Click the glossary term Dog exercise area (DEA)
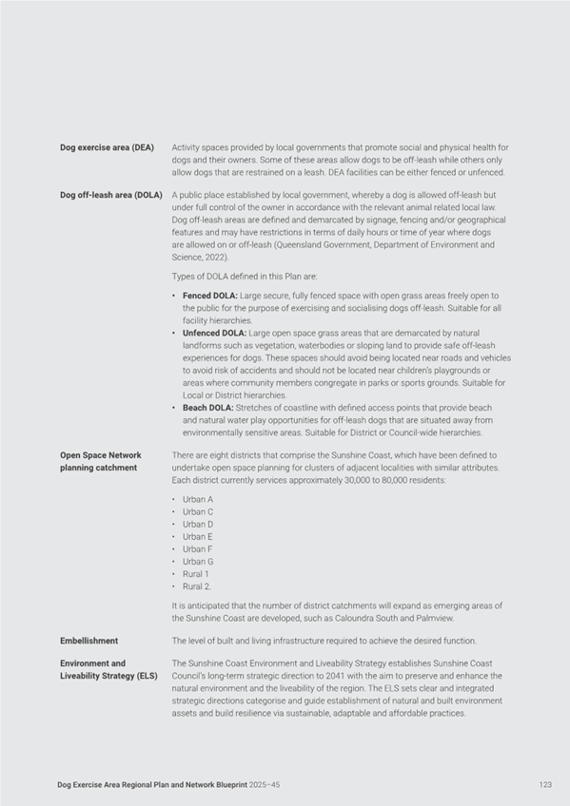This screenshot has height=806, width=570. point(106,147)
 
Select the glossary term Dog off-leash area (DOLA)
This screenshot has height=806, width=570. point(110,195)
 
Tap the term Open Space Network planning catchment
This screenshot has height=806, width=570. point(100,461)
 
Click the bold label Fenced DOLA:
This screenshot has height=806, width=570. point(209,297)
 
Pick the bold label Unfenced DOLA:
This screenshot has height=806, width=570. point(214,334)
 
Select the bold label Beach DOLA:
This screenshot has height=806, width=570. point(207,408)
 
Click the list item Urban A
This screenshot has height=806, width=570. point(198,499)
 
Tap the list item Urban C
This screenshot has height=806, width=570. point(198,511)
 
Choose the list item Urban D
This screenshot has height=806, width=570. point(198,524)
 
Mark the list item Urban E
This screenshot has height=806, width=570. point(198,537)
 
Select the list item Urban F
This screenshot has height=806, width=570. point(198,549)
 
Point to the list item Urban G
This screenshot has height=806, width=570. point(198,562)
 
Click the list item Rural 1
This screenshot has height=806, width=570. point(196,574)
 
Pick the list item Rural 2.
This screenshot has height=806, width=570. point(197,586)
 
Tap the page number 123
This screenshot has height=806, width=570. point(544,785)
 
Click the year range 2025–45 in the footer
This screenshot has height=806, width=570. point(261,785)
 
